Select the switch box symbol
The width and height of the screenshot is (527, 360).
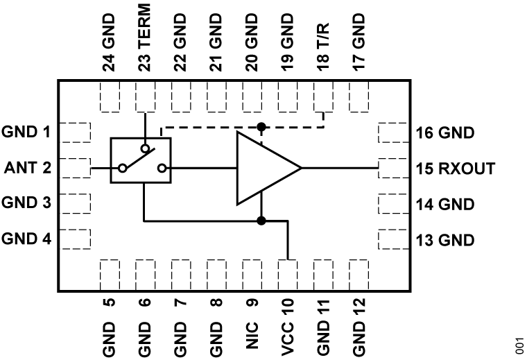point(140,161)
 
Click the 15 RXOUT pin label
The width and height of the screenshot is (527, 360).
point(454,168)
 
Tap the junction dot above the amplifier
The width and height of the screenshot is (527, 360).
point(261,127)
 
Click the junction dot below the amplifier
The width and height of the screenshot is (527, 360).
point(261,221)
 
